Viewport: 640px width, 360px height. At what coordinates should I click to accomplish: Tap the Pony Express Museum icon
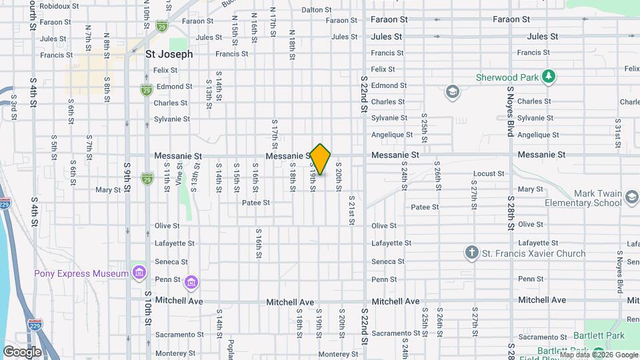(x=139, y=273)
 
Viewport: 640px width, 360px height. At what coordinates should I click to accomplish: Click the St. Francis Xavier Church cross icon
(x=472, y=253)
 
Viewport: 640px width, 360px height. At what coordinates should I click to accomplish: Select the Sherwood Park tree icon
(x=548, y=77)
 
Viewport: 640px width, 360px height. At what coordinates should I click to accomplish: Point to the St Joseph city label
(x=169, y=54)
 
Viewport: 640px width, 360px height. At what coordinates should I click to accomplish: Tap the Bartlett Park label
(x=599, y=336)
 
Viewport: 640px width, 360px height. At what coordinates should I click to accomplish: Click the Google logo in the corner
(x=22, y=351)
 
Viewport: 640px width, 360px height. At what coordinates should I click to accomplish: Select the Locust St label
(x=489, y=174)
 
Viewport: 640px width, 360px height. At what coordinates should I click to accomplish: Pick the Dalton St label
(x=317, y=10)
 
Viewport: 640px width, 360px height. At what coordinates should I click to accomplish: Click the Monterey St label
(x=338, y=354)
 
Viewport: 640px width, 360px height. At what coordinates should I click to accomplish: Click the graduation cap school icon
(x=452, y=91)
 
